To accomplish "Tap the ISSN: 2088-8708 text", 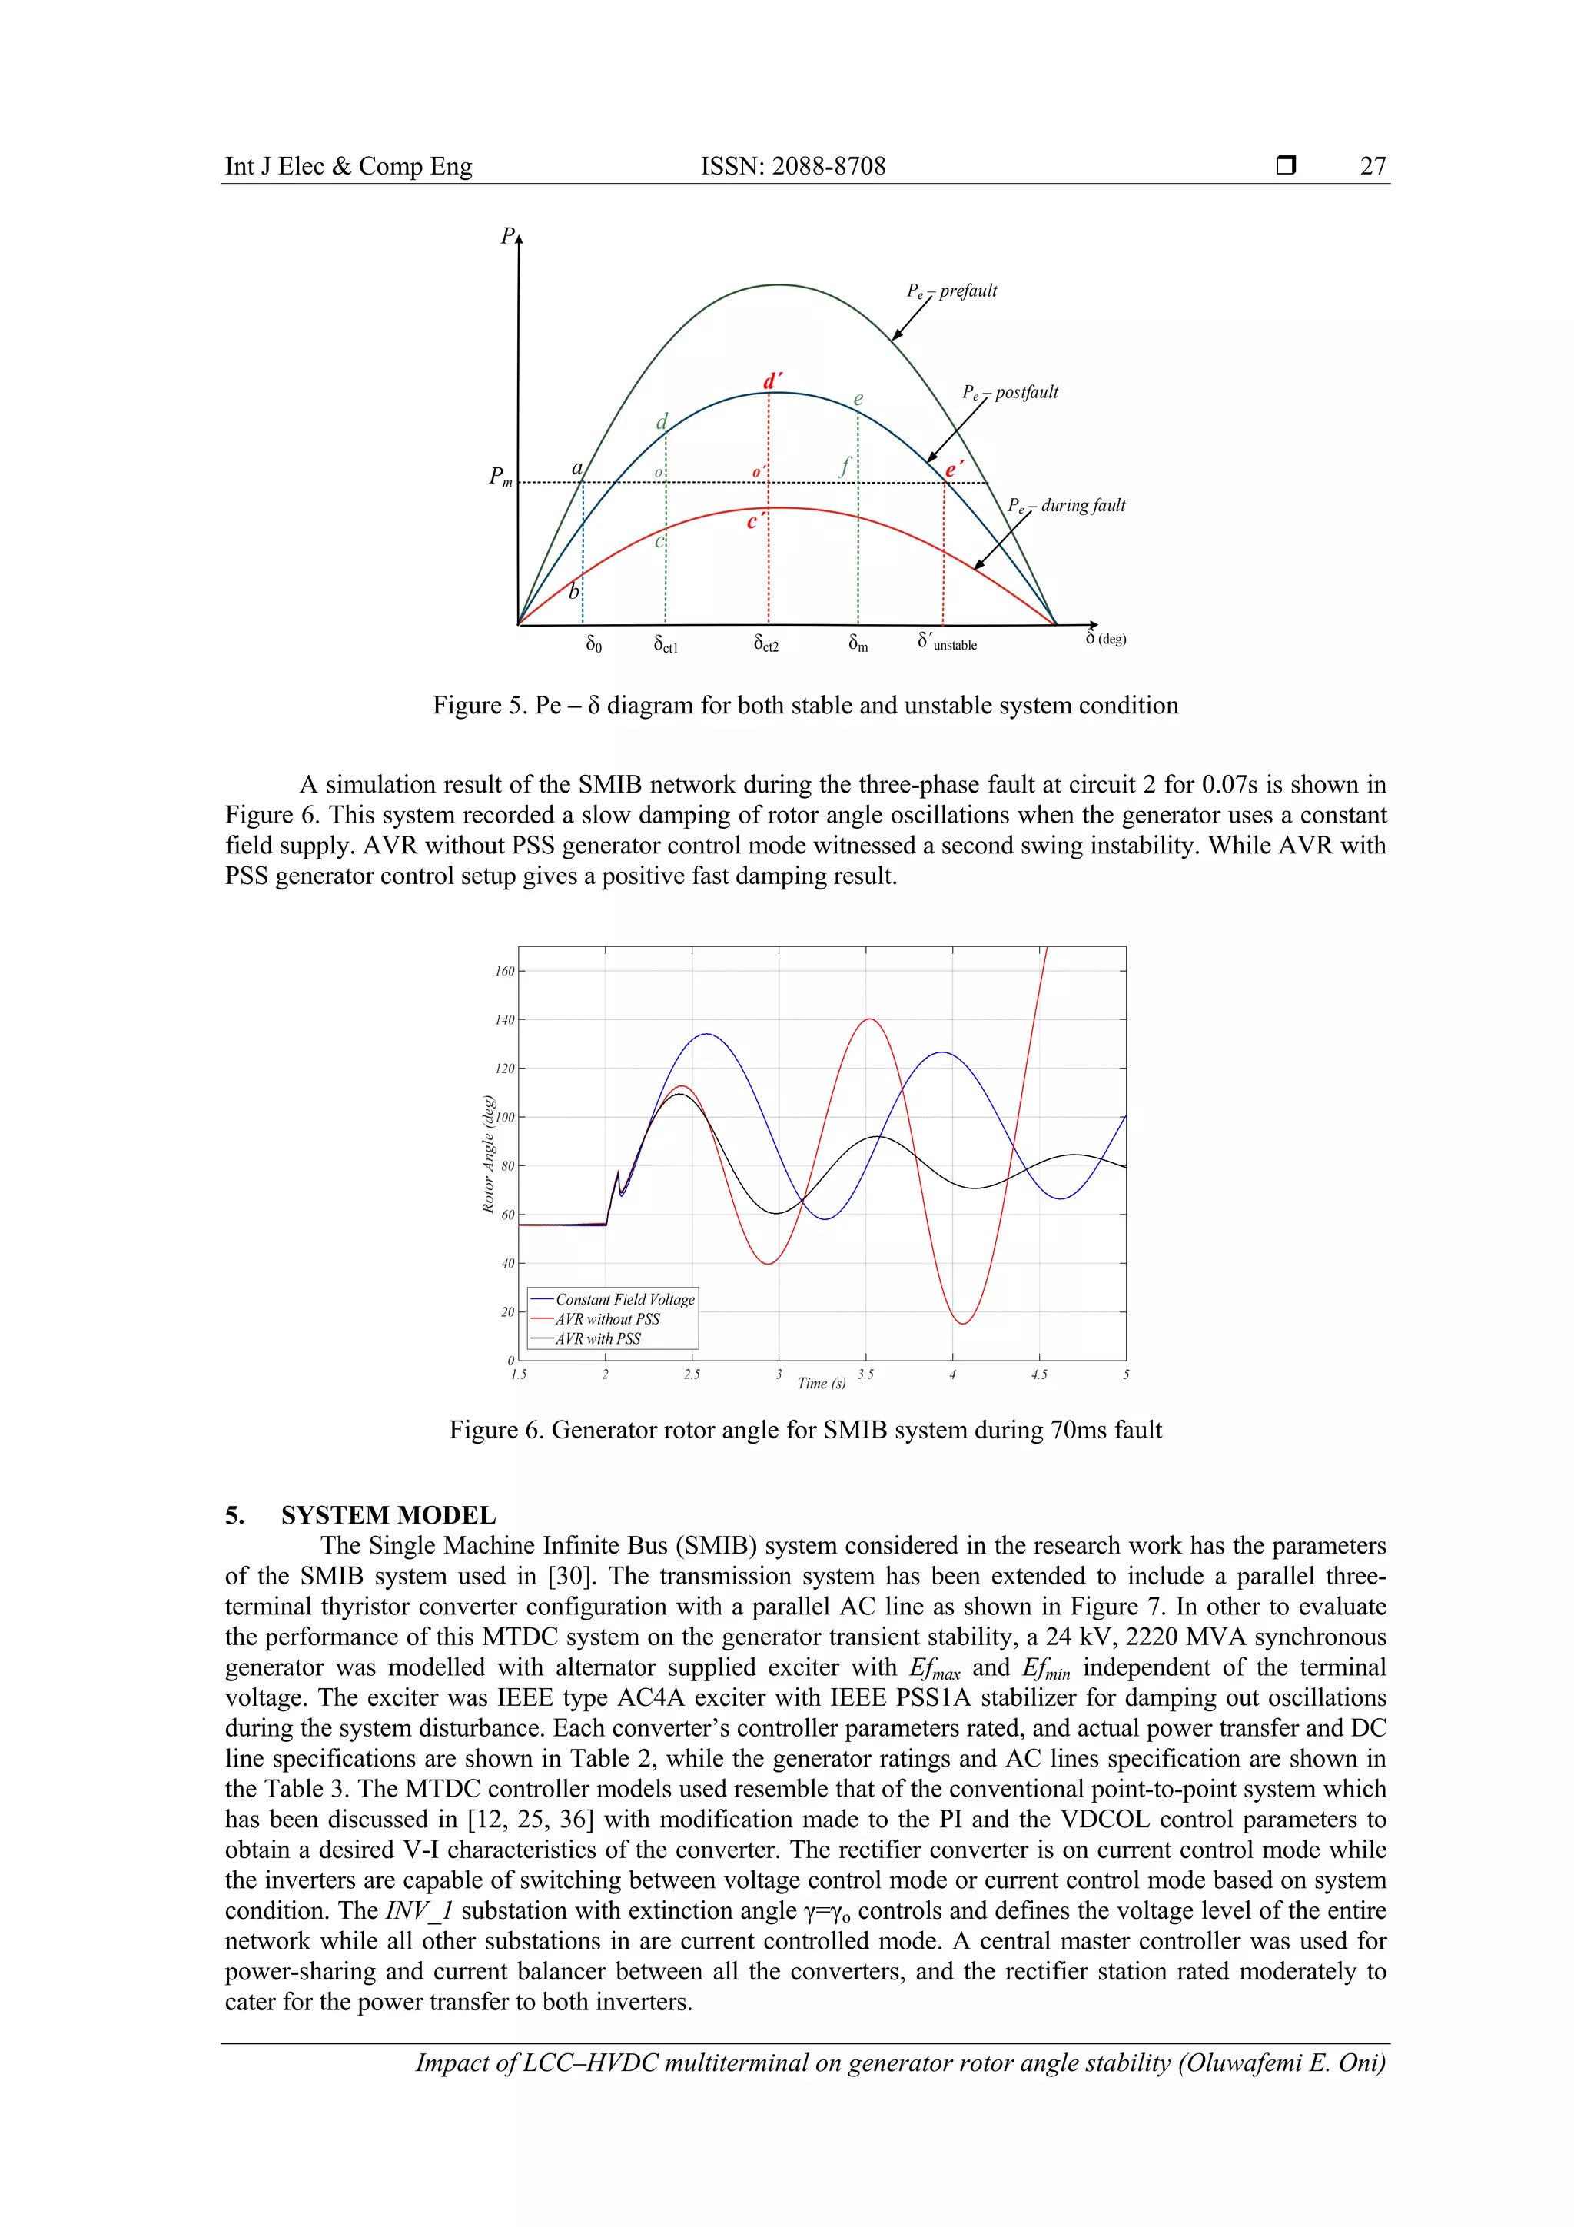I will coord(792,166).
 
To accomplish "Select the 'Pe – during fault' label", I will coord(1066,505).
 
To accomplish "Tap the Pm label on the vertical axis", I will coord(500,477).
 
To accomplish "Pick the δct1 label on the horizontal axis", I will coord(666,644).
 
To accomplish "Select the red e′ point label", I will coord(955,470).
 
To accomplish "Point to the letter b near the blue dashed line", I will coord(573,590).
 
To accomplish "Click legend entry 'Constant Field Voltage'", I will coord(625,1298).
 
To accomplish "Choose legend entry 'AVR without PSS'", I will coord(607,1319).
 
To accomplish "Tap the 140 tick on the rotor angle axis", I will coord(504,1019).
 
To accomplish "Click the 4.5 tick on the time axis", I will coord(1038,1374).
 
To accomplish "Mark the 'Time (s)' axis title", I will coord(821,1383).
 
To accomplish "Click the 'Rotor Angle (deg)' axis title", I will coord(489,1153).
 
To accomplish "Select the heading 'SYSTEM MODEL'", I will coord(388,1515).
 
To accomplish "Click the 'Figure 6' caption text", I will coord(804,1430).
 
